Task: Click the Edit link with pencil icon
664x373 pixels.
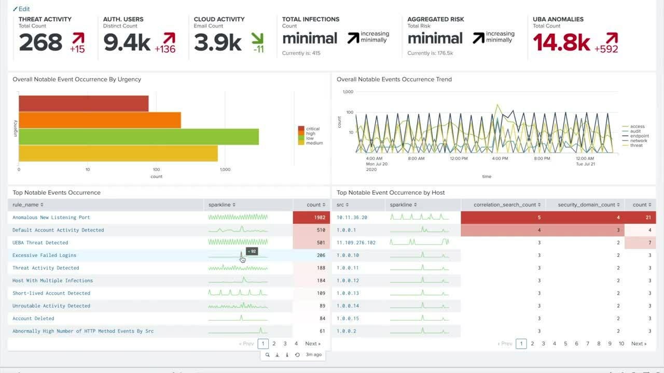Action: (x=21, y=9)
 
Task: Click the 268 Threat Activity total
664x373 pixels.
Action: (x=40, y=42)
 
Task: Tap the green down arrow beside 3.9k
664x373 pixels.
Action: (x=257, y=38)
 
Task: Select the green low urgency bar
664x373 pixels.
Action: (x=139, y=137)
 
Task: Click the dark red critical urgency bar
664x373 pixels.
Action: (x=84, y=104)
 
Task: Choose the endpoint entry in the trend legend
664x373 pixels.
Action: (x=639, y=136)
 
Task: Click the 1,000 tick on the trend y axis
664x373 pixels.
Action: (x=348, y=92)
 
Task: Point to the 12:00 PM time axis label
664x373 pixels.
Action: (x=459, y=159)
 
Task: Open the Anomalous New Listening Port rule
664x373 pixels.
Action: (x=51, y=218)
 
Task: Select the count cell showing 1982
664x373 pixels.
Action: (x=311, y=218)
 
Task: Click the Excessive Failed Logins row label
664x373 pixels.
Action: (x=44, y=255)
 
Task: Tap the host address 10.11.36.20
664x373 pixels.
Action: (x=352, y=218)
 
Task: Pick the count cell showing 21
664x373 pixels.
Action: (x=641, y=218)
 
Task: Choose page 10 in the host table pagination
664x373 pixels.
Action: (x=621, y=343)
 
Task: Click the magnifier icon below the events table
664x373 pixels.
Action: (x=267, y=355)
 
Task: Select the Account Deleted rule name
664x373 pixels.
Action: (x=33, y=319)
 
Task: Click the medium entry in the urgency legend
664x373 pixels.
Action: (x=314, y=143)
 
